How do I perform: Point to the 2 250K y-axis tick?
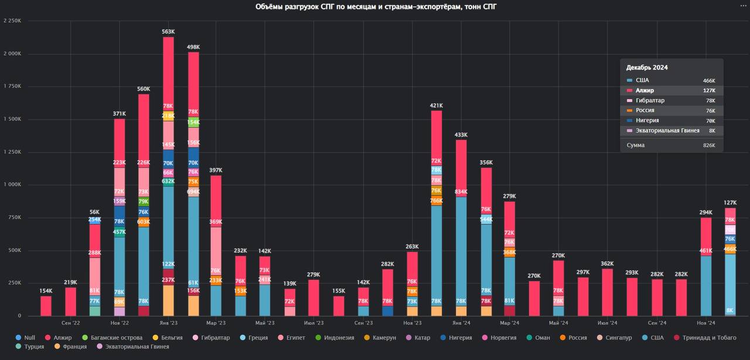(12, 21)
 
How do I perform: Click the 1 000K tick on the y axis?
(12, 184)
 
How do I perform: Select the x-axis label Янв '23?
(168, 322)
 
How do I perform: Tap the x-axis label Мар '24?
(510, 322)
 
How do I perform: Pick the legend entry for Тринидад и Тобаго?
(708, 338)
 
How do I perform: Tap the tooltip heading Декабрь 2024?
(647, 67)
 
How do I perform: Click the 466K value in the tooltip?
(709, 80)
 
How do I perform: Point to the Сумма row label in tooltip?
(635, 145)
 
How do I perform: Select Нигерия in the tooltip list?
(647, 120)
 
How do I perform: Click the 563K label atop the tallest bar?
(168, 32)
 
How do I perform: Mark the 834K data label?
(461, 192)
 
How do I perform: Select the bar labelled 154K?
(46, 305)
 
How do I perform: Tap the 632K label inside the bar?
(168, 181)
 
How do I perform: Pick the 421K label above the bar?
(437, 106)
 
